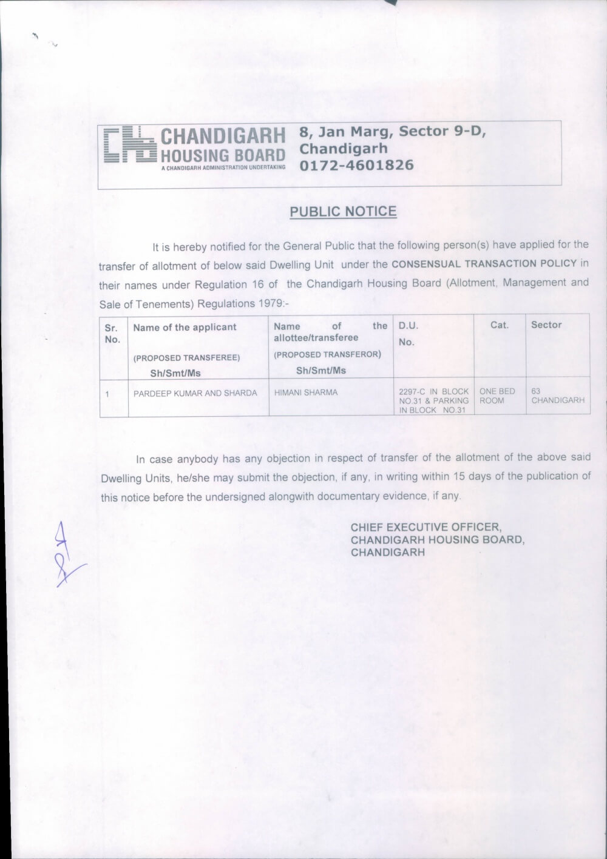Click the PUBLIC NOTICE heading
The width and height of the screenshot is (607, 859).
(x=343, y=212)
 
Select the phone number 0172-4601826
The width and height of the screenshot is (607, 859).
(x=357, y=165)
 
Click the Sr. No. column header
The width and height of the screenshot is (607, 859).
(x=112, y=334)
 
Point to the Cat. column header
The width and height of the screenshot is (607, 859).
(x=499, y=325)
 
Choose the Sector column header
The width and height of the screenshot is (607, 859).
(x=546, y=325)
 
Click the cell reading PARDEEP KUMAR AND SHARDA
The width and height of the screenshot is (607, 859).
(x=195, y=393)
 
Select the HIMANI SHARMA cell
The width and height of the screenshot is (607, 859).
(x=306, y=392)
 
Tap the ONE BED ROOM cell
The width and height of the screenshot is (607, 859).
(x=497, y=396)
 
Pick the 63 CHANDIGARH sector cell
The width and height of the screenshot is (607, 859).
(x=557, y=396)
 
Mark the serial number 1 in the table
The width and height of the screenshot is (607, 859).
(x=107, y=394)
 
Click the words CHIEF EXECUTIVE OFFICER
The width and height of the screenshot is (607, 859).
(x=426, y=527)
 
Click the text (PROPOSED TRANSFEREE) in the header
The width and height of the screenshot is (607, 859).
(x=187, y=358)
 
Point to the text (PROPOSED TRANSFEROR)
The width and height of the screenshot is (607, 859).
(x=327, y=354)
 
